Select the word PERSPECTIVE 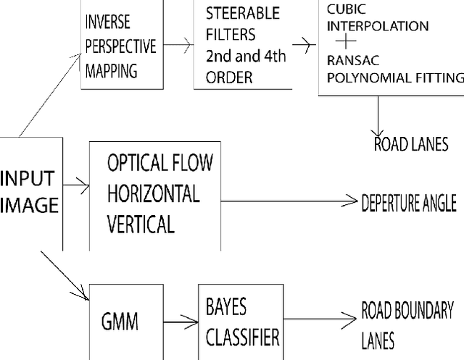pyautogui.click(x=120, y=47)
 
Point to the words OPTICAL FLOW pyautogui.click(x=159, y=163)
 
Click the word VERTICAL pyautogui.click(x=141, y=225)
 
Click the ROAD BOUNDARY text pyautogui.click(x=407, y=311)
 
